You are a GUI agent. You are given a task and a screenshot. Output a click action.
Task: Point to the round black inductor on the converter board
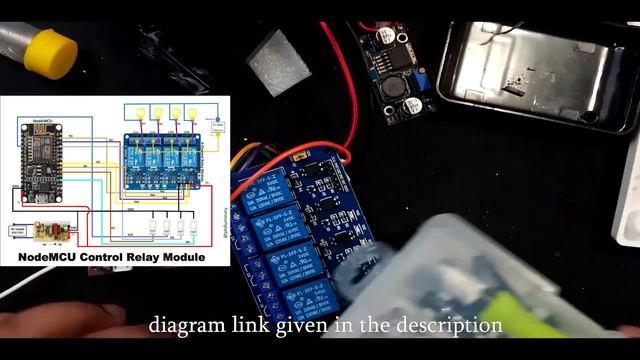[x=391, y=86]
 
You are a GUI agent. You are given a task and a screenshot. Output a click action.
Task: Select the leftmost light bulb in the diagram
[x=140, y=113]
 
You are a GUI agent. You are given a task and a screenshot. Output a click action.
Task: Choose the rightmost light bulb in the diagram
[x=193, y=113]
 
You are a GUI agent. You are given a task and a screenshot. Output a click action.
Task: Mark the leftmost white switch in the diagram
[x=153, y=227]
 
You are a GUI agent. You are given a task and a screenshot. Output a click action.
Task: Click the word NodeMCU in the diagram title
[x=44, y=257]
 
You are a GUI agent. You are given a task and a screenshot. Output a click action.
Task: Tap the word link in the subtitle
[x=245, y=326]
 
